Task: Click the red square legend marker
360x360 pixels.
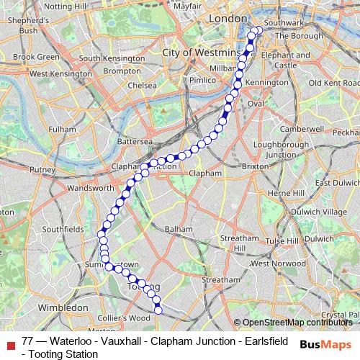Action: click(x=9, y=343)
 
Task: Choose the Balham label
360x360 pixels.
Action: click(x=179, y=229)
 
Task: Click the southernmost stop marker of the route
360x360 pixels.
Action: click(x=158, y=310)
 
